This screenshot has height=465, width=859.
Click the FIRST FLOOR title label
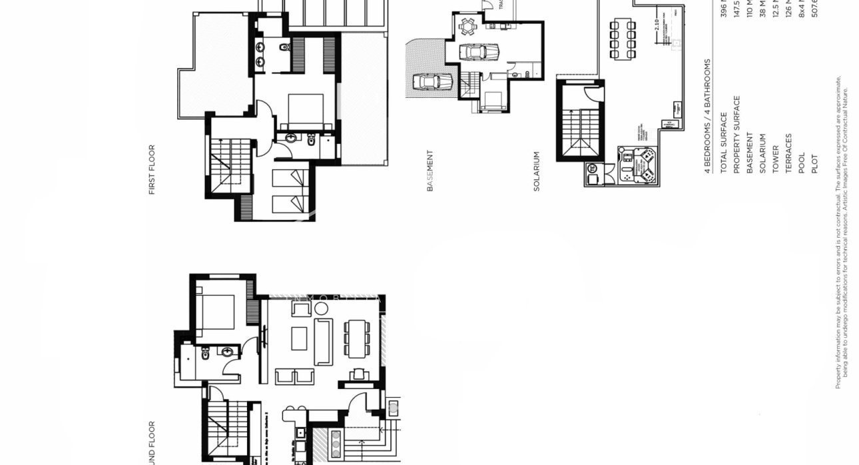[x=151, y=169]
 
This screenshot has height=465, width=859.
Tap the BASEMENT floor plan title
[x=429, y=171]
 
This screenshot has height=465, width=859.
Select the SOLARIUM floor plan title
[x=536, y=171]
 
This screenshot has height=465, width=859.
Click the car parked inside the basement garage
[x=478, y=52]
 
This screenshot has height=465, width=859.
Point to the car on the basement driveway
[x=433, y=82]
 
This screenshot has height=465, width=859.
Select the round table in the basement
[x=467, y=27]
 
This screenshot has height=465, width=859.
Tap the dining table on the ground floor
[x=357, y=338]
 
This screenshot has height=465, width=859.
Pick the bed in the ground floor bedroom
[x=218, y=312]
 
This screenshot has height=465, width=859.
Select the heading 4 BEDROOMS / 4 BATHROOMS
[x=707, y=116]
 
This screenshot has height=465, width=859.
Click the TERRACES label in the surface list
[x=788, y=153]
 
